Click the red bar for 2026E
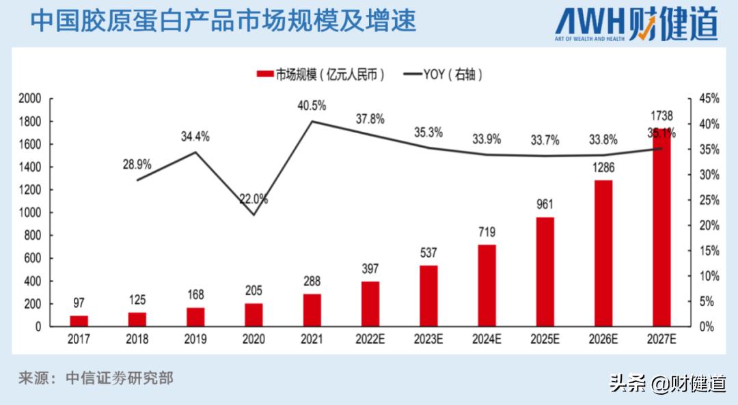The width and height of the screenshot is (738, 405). [x=603, y=253]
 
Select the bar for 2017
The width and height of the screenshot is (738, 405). [x=79, y=320]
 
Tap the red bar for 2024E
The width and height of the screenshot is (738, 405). [x=487, y=285]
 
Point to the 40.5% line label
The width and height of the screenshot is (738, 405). [x=312, y=105]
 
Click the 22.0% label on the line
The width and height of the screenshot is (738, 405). [x=254, y=199]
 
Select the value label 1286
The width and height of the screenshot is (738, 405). [x=603, y=167]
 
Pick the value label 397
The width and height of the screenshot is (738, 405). [x=370, y=268]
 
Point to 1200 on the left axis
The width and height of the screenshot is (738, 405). [x=30, y=190]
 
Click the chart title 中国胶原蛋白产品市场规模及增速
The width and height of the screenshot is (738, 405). [x=223, y=20]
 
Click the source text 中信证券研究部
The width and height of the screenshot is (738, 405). [x=119, y=378]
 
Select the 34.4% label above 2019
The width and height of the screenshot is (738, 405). [x=195, y=137]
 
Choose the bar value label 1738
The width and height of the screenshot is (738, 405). [x=661, y=115]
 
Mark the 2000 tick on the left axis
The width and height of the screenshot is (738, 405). [x=30, y=98]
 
